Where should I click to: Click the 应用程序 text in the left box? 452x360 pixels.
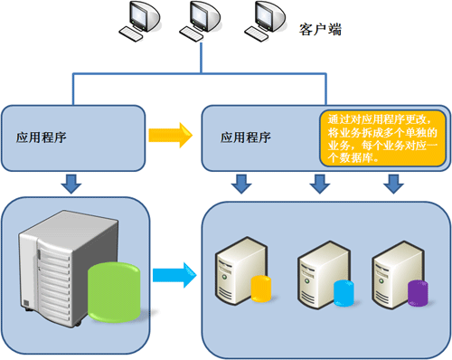41,137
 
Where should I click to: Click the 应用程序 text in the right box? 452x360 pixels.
246,137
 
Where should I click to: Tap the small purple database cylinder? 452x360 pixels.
417,292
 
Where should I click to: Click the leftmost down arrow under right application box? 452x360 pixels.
240,185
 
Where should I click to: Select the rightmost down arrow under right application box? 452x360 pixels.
392,185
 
